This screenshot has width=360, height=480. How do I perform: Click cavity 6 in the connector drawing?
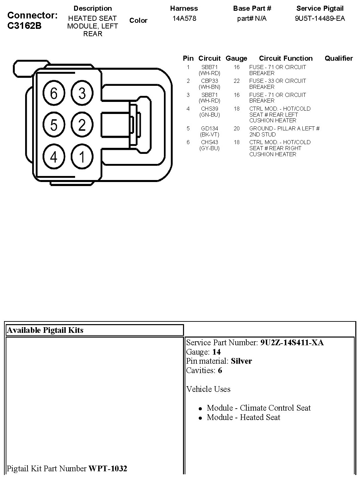[x=54, y=93]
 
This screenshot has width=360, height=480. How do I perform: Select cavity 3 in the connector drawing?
[x=82, y=93]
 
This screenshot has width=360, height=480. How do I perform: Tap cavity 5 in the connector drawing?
[x=54, y=125]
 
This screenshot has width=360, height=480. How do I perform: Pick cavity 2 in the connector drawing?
[x=82, y=125]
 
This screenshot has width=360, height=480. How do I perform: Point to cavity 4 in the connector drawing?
[x=54, y=157]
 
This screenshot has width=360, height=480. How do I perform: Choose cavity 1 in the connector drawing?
[x=82, y=157]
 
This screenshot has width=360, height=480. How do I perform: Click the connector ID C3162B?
[x=24, y=26]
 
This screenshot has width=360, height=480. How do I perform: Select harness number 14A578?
[x=184, y=19]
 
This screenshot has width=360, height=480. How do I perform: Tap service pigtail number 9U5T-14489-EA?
[x=320, y=19]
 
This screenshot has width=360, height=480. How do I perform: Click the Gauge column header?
[x=236, y=58]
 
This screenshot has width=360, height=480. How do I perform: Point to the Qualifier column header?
[x=339, y=58]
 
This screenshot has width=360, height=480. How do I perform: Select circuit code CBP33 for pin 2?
[x=209, y=81]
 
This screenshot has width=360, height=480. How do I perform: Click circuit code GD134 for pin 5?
[x=209, y=128]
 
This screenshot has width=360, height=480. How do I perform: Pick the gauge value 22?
[x=237, y=81]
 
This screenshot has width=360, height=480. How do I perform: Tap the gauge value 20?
[x=237, y=128]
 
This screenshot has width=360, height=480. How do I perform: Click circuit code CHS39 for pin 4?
[x=209, y=109]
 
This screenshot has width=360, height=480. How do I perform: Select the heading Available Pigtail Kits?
[x=45, y=330]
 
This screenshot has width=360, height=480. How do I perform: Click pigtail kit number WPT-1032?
[x=108, y=468]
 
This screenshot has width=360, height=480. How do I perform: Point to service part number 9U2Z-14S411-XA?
[x=292, y=343]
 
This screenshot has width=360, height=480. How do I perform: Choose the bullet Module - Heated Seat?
[x=243, y=417]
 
